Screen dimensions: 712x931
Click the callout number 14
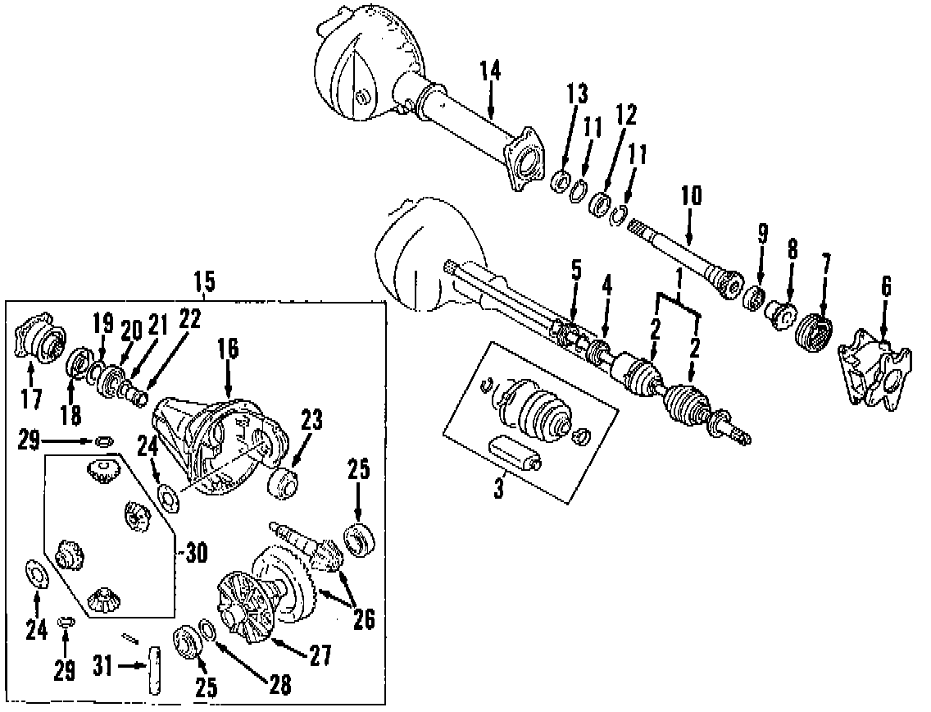pyautogui.click(x=490, y=71)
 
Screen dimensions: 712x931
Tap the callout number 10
pyautogui.click(x=691, y=197)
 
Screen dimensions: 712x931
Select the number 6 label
pyautogui.click(x=886, y=286)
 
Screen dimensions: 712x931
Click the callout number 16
pyautogui.click(x=228, y=349)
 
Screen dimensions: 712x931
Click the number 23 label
pyautogui.click(x=311, y=422)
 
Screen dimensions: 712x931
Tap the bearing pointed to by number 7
pyautogui.click(x=815, y=332)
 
